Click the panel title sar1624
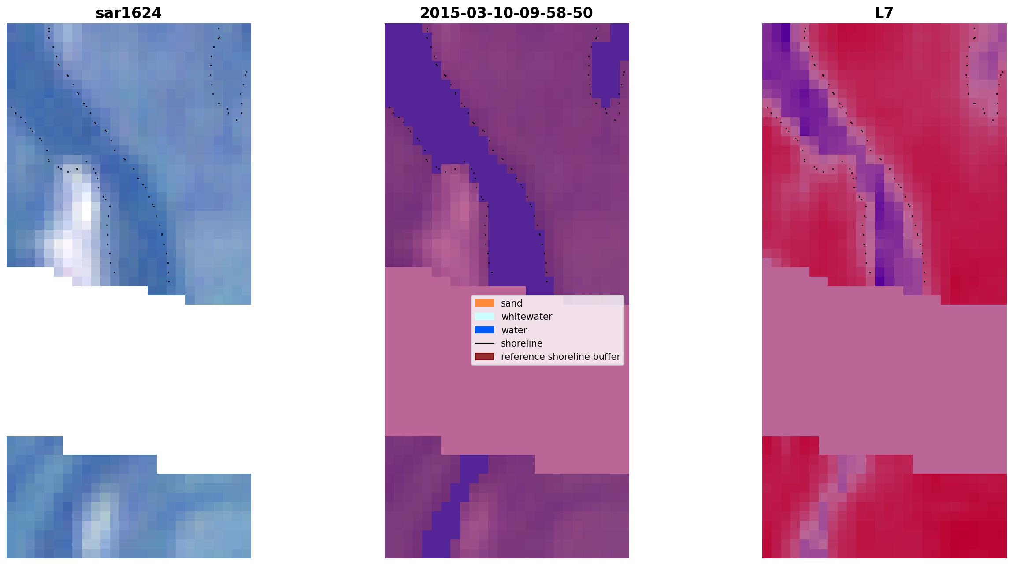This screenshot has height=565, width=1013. [129, 13]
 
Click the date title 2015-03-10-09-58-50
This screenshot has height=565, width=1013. [506, 13]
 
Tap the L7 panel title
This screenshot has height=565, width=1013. [884, 13]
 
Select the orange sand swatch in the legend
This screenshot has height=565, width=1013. [484, 303]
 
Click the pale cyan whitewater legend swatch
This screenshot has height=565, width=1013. [484, 316]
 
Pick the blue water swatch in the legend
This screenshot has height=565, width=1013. [484, 330]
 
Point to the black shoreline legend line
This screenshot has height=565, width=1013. [484, 343]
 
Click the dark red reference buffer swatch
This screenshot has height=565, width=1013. [484, 356]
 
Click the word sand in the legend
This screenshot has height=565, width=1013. [512, 303]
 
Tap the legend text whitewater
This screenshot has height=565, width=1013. [527, 317]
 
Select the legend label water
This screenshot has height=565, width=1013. [514, 330]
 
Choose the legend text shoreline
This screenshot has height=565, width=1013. [522, 343]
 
